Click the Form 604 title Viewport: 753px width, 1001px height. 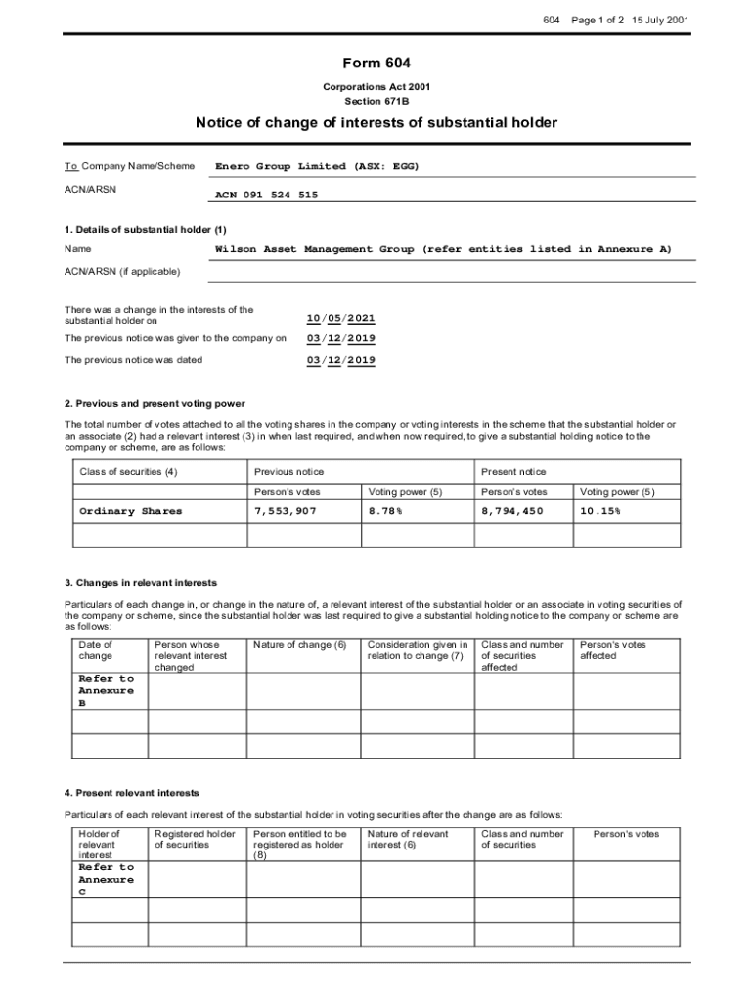(x=376, y=64)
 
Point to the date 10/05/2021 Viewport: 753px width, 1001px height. (x=340, y=319)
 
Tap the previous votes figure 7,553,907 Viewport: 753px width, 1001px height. (x=286, y=511)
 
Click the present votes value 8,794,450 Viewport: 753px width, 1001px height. (x=512, y=511)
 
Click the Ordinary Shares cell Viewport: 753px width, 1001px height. (x=130, y=511)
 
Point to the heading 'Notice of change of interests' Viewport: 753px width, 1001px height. (x=376, y=123)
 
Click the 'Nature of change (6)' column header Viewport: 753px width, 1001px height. (x=299, y=645)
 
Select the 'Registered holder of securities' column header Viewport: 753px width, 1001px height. (x=195, y=839)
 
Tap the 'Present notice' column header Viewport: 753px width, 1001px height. (x=513, y=472)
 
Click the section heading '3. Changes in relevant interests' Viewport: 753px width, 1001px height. (x=141, y=583)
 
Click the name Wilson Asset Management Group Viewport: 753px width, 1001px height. (x=314, y=249)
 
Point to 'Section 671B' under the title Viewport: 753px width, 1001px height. (x=376, y=101)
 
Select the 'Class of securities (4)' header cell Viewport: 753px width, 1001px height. (x=129, y=472)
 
